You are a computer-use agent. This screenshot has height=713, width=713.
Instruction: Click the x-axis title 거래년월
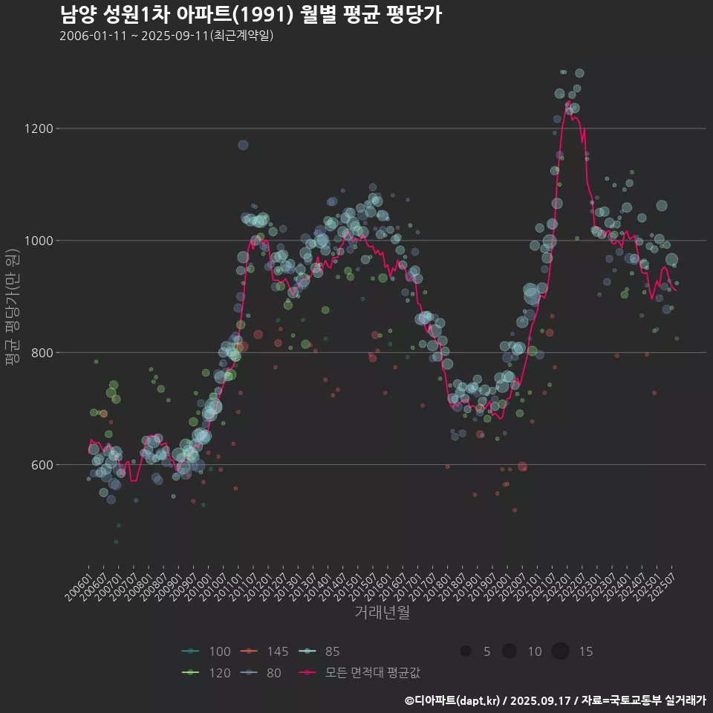click(x=382, y=613)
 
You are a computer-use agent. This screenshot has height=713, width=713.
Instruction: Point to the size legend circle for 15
click(x=560, y=651)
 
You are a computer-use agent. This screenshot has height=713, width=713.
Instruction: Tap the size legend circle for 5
click(x=466, y=651)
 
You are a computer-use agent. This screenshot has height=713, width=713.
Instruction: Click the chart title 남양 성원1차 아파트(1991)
click(x=250, y=14)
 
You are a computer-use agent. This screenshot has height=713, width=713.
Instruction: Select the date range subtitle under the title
click(x=166, y=36)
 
